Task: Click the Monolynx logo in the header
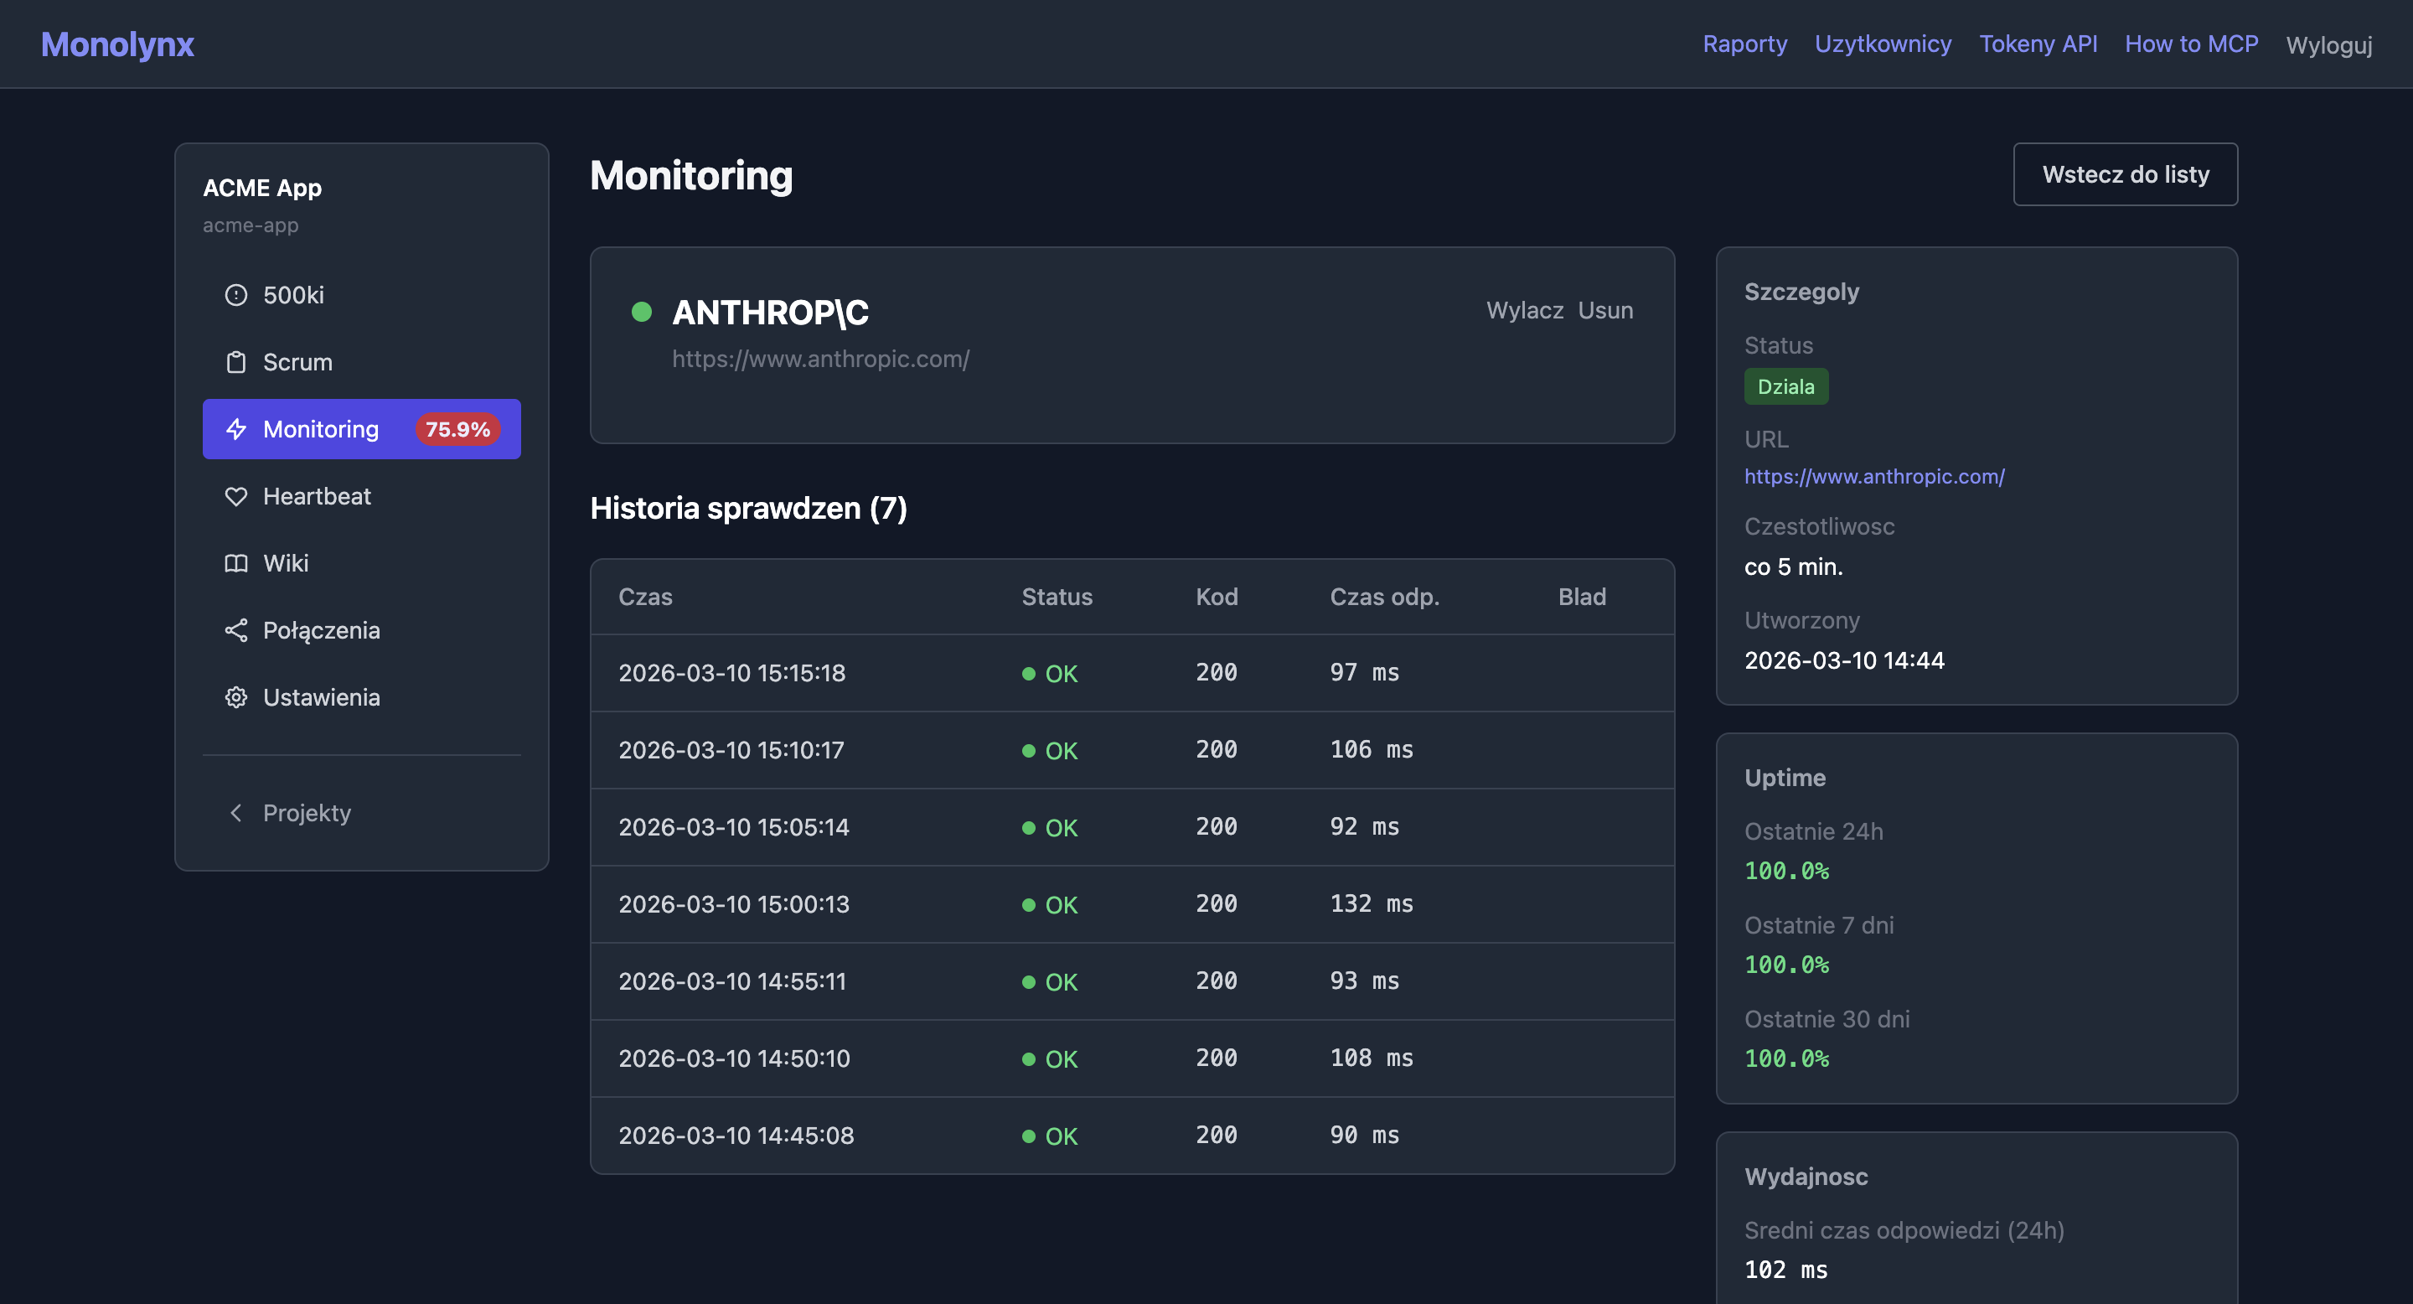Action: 117,44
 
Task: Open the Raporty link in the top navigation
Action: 1744,44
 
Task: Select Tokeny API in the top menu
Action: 2038,44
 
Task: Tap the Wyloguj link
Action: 2328,45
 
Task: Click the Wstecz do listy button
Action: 2125,174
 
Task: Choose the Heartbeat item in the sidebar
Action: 317,496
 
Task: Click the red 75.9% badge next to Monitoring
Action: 457,429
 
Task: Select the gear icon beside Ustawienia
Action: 236,698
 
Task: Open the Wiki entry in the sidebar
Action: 286,563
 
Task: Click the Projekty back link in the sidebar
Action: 307,813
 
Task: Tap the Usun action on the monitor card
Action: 1604,310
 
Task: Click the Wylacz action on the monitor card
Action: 1524,310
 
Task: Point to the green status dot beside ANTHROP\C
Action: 642,312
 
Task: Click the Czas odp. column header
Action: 1383,597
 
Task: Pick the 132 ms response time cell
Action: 1371,904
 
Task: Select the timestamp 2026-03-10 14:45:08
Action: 736,1136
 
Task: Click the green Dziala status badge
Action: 1785,387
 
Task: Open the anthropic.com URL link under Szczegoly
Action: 1873,477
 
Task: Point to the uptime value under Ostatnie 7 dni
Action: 1785,965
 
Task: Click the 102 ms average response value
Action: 1785,1270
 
